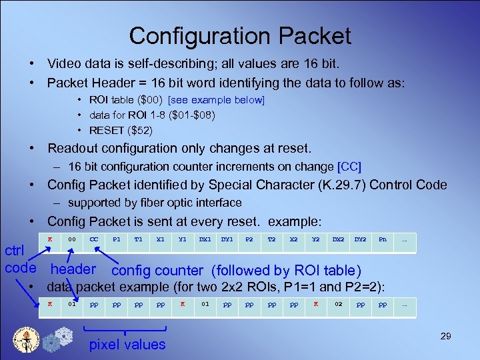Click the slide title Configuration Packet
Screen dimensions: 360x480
(x=240, y=35)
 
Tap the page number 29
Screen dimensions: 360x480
(x=445, y=336)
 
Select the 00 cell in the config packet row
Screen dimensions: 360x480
(x=72, y=239)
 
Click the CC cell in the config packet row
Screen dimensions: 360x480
(x=94, y=239)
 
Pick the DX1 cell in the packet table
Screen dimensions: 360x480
(x=205, y=239)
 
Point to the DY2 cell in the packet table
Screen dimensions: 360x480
(x=360, y=239)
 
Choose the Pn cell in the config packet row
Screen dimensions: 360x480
(x=382, y=239)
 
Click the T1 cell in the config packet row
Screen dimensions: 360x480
(x=138, y=239)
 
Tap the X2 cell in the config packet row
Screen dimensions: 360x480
(x=293, y=239)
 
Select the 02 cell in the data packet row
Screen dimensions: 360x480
(x=338, y=304)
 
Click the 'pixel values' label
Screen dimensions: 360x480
(x=127, y=345)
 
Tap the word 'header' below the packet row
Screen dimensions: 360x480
(x=73, y=269)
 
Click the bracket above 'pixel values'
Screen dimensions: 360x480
(x=126, y=329)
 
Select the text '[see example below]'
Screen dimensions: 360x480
(x=217, y=100)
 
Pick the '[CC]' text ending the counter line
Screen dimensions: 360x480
(x=350, y=166)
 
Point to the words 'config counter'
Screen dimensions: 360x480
(x=157, y=271)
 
